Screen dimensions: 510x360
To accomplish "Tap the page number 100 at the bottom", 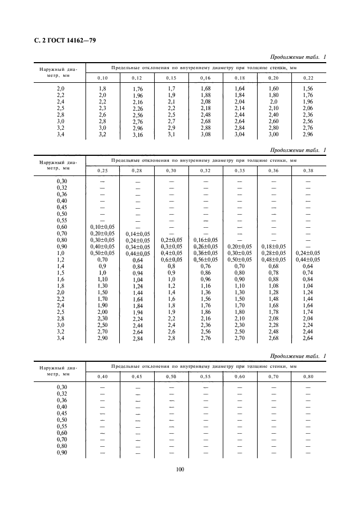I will tap(179, 469).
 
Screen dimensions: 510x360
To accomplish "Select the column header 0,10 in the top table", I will tap(102, 78).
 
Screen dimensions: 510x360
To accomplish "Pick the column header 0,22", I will tap(308, 78).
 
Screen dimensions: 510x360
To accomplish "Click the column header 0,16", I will tap(205, 78).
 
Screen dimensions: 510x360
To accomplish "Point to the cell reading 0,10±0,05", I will tap(102, 226).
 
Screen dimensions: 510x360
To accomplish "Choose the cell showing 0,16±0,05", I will tap(205, 239).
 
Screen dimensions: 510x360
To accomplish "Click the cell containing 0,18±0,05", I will tap(273, 246).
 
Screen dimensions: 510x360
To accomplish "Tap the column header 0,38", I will tap(308, 171).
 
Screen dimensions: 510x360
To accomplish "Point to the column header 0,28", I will tap(137, 171).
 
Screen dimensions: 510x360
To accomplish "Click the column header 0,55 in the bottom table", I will tap(205, 376).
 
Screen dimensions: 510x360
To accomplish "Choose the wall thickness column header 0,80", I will tap(308, 376).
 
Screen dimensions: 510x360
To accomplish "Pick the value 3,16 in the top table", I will tap(137, 135).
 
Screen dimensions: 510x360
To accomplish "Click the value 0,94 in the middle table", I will tap(137, 272).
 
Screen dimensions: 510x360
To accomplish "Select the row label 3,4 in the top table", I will tap(60, 133).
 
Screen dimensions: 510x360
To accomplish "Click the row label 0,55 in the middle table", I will tap(60, 220).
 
